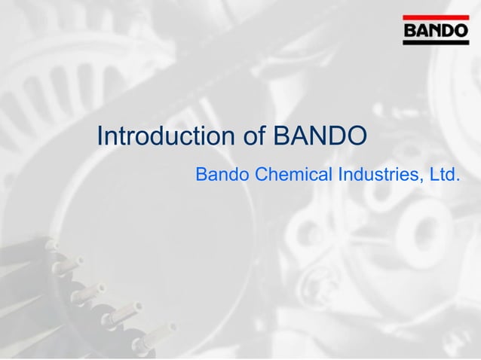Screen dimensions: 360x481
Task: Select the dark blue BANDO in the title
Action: [x=320, y=136]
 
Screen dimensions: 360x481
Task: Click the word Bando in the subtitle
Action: [x=222, y=175]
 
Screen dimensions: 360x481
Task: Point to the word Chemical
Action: [x=293, y=175]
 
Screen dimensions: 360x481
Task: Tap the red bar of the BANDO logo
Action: [x=435, y=17]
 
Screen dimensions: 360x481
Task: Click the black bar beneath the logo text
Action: [x=435, y=43]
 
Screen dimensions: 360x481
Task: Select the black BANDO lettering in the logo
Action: [x=435, y=31]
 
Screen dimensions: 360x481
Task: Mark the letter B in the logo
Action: [x=411, y=31]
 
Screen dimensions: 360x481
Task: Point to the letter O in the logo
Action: [x=460, y=31]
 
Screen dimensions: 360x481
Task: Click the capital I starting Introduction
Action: [x=100, y=136]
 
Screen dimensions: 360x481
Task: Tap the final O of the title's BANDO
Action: [x=357, y=136]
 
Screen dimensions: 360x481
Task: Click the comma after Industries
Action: [x=424, y=182]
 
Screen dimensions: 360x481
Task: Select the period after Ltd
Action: [x=458, y=181]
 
